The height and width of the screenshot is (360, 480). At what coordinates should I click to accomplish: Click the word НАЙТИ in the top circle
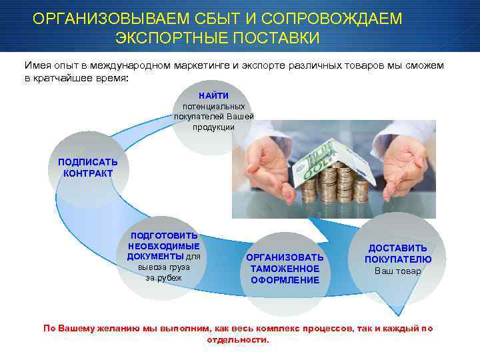[x=213, y=96]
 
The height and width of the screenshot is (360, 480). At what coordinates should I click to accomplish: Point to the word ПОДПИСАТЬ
[x=87, y=162]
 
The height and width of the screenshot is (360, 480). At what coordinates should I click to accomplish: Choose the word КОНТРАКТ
[x=88, y=173]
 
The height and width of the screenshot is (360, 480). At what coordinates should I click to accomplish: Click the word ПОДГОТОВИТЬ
[x=164, y=235]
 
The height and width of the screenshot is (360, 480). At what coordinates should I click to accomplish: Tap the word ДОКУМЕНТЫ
[x=155, y=256]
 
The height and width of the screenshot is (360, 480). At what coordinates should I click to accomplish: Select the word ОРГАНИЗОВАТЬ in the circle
[x=285, y=257]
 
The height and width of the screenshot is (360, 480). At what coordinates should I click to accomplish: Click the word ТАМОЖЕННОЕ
[x=285, y=269]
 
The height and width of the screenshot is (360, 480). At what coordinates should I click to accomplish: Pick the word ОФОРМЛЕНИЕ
[x=285, y=280]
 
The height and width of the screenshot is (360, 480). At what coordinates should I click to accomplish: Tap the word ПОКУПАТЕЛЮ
[x=398, y=259]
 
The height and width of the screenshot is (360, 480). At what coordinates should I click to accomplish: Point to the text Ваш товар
[x=398, y=271]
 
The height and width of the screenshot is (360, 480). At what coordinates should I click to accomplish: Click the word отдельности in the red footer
[x=237, y=339]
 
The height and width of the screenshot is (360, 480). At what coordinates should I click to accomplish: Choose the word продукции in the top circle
[x=213, y=127]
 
